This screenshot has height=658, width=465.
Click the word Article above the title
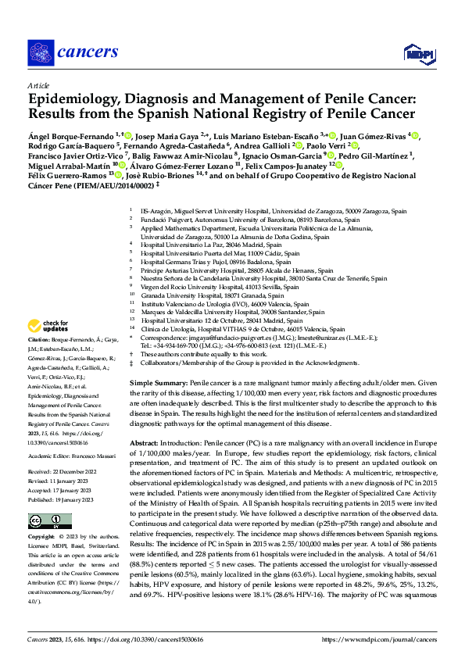pos(37,84)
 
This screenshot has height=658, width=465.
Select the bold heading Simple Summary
pos(158,384)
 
